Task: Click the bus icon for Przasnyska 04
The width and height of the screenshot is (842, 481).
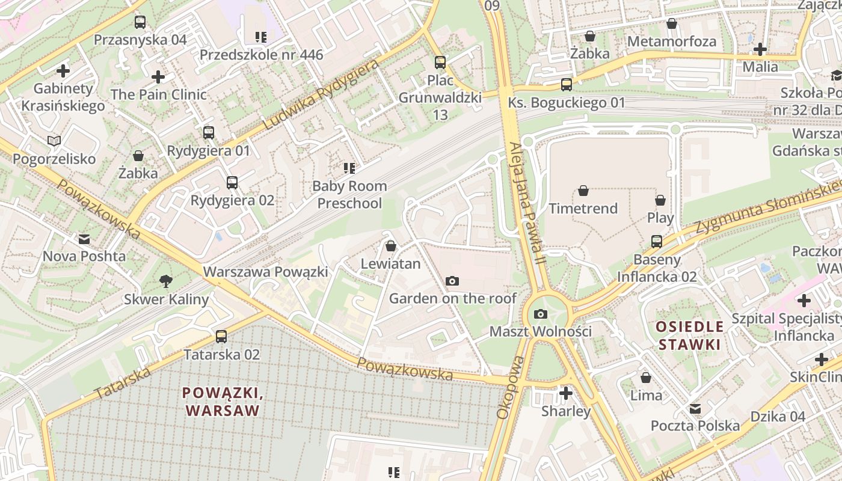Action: [x=140, y=22]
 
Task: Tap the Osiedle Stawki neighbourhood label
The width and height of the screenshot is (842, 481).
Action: [x=689, y=335]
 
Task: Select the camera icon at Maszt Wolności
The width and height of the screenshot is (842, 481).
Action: [x=541, y=314]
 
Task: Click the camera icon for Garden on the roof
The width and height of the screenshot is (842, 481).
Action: [x=452, y=281]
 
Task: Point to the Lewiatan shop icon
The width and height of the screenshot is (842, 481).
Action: [x=391, y=246]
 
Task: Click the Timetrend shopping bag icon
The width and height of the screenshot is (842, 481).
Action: [x=583, y=191]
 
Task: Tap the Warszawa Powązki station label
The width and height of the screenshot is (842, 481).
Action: [x=265, y=272]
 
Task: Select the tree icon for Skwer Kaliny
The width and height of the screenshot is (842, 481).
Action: [x=166, y=281]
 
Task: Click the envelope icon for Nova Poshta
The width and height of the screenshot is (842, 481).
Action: [x=84, y=239]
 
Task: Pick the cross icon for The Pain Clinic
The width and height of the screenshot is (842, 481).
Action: [x=158, y=77]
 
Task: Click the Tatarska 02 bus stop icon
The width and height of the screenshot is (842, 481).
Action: [x=221, y=336]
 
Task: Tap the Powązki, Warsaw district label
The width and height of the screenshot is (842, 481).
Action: [x=223, y=402]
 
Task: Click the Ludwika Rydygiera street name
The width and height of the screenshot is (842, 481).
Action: [x=322, y=94]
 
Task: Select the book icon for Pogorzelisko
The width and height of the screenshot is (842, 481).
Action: [x=54, y=141]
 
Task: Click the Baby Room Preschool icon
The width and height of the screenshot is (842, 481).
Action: [x=349, y=168]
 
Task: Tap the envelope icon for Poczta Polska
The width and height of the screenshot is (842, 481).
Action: [x=695, y=408]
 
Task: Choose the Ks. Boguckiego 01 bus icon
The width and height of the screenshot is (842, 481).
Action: [x=567, y=84]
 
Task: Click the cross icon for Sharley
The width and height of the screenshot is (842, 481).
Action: [x=565, y=393]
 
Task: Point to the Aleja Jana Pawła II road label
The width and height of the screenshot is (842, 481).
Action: [x=526, y=203]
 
